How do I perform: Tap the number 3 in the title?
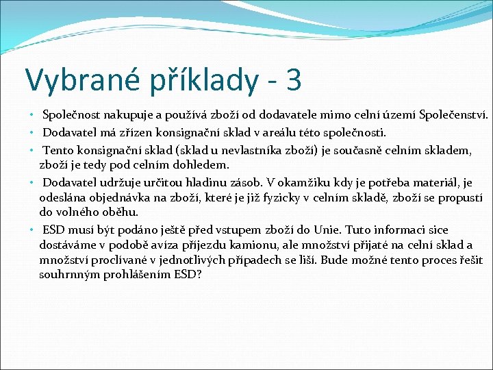point(293,79)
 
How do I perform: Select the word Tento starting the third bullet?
point(58,150)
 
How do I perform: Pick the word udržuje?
point(120,182)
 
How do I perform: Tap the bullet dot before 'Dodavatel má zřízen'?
point(32,132)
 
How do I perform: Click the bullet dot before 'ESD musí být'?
point(32,230)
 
